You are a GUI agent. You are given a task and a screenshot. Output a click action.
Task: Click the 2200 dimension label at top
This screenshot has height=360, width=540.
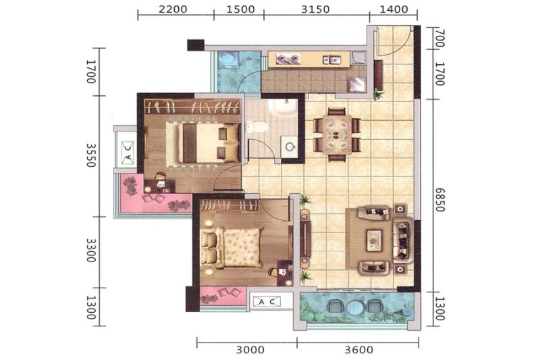click(173, 9)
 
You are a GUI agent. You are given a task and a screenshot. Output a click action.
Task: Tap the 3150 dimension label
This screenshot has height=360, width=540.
click(315, 9)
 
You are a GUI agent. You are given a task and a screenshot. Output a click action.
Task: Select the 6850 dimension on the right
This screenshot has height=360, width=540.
click(440, 200)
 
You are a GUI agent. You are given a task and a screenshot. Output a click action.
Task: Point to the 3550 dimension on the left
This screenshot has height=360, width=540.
click(90, 155)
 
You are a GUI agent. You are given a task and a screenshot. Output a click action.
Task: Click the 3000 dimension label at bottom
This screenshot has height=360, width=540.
click(250, 351)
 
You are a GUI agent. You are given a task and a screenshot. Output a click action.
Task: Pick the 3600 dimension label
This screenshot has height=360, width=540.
click(359, 351)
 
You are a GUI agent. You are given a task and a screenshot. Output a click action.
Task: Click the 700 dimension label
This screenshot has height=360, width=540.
click(440, 38)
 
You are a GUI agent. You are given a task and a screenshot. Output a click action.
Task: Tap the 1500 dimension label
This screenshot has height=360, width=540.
click(240, 9)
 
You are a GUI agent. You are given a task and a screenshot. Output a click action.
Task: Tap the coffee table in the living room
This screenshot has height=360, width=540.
click(375, 240)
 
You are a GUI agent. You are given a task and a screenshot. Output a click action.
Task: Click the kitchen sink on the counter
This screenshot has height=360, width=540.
click(331, 59)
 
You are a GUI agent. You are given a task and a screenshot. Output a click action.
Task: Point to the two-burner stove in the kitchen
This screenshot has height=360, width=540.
click(289, 59)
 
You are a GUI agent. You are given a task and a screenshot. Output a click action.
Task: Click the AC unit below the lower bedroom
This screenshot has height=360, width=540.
click(267, 302)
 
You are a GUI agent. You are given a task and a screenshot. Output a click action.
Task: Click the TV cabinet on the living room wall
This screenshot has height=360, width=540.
click(305, 238)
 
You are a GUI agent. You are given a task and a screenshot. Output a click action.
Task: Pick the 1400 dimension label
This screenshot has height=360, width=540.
click(394, 9)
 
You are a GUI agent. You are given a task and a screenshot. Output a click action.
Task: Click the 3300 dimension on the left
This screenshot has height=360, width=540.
click(90, 251)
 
